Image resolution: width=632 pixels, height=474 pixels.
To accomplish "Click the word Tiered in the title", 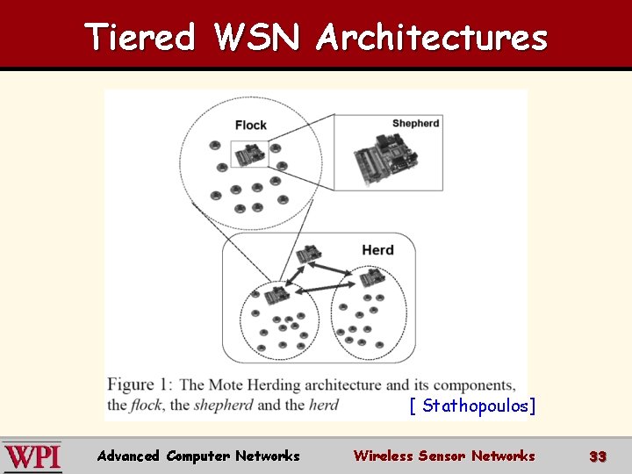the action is coord(140,37).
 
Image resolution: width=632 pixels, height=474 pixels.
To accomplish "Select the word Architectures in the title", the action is coord(432,37).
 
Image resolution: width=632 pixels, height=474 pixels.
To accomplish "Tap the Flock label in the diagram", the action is coord(250,126).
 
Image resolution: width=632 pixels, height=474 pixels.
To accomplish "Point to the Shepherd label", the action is coord(415,123).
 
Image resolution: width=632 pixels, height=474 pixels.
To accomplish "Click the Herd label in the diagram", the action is coord(377,250).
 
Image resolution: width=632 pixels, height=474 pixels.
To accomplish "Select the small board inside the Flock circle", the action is coord(249,154).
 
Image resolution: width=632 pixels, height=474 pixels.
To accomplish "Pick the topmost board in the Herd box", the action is coord(307,255).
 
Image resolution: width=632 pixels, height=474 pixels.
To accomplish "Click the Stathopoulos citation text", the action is coord(472,406).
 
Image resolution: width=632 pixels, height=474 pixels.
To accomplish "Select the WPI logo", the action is coord(32,456).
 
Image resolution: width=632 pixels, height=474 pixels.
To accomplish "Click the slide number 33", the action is coord(598,456).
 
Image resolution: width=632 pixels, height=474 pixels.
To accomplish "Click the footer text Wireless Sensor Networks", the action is coord(443,456).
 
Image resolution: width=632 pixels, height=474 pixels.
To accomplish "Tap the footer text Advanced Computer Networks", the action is coord(198,456).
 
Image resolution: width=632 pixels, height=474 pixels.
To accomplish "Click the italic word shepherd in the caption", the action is coord(223,405).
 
